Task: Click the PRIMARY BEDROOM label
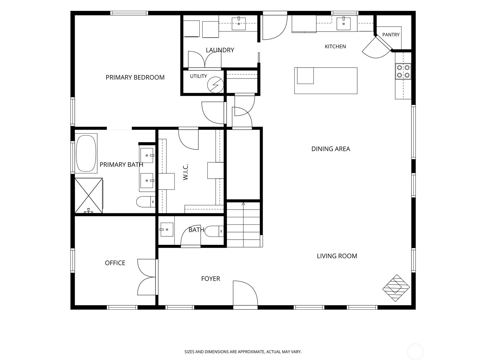tap(135, 77)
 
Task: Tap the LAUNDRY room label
tap(220, 50)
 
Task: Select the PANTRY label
tap(391, 35)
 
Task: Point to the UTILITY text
tap(198, 76)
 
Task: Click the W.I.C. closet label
tap(186, 172)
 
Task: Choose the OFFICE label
tap(115, 263)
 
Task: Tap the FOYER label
tap(210, 279)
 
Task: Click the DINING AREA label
tap(330, 149)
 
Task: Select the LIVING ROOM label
tap(337, 256)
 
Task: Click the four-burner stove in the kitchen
tap(403, 71)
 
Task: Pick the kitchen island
tap(326, 81)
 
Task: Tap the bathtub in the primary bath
tap(86, 153)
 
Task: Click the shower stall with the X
tap(89, 196)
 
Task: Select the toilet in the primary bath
tap(146, 202)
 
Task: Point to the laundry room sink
tap(239, 23)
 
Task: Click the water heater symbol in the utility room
tap(215, 85)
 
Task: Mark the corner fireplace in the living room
tap(396, 288)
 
